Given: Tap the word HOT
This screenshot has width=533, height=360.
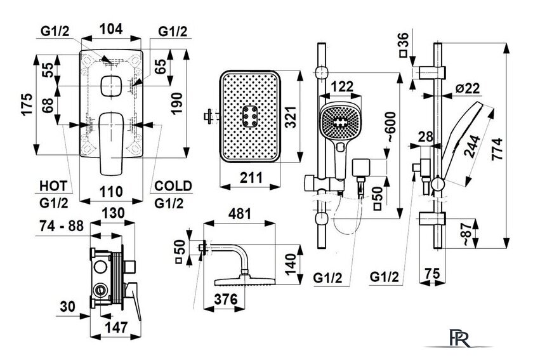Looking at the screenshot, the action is [x=53, y=187].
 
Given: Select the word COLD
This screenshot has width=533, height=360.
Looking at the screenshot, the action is [x=173, y=186].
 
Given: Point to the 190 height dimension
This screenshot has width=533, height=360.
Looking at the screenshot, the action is [x=177, y=103].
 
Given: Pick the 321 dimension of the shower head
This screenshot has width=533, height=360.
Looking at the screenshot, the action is [x=291, y=117].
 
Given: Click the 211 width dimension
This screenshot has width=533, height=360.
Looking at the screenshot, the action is [x=251, y=178].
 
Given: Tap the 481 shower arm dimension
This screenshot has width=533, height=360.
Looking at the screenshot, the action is [x=240, y=213].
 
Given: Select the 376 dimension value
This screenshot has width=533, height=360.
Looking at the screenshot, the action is [x=226, y=299].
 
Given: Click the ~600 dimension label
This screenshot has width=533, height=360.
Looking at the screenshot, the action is [x=391, y=126].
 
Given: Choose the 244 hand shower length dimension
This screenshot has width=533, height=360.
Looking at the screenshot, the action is [x=473, y=147].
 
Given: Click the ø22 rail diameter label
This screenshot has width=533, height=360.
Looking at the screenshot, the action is [x=468, y=88].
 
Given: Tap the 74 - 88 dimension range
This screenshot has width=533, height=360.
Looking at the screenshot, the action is [x=62, y=225].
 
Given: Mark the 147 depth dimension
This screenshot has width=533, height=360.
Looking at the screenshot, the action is [x=116, y=327].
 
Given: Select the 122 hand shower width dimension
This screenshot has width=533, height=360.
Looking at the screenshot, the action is [x=341, y=86].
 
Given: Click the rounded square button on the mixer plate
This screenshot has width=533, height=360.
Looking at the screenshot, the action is [x=112, y=86].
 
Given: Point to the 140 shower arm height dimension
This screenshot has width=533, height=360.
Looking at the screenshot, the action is [x=291, y=265].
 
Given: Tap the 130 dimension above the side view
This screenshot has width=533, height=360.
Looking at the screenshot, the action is [x=113, y=213].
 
